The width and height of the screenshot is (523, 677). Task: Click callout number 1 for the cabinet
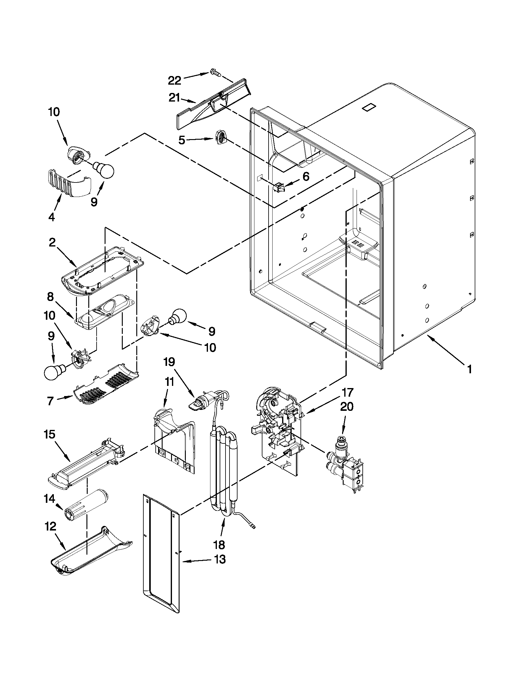click(469, 369)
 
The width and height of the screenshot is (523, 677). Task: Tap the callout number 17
click(347, 392)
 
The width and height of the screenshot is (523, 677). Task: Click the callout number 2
click(52, 242)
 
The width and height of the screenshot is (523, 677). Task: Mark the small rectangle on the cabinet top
click(368, 108)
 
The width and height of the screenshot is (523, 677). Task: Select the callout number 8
click(51, 297)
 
